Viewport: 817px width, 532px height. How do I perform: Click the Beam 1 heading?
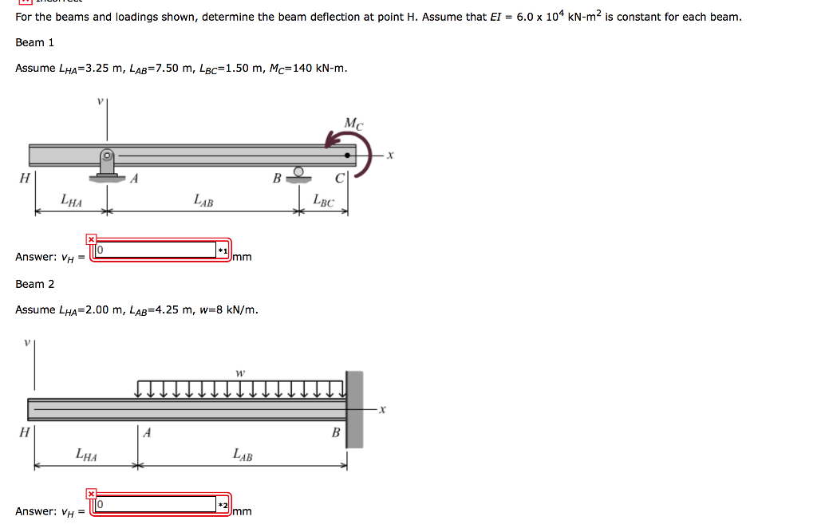click(34, 42)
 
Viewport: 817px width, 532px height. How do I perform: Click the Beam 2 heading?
click(34, 284)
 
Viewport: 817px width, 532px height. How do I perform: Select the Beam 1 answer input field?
click(156, 250)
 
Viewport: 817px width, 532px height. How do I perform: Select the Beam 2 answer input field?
click(156, 505)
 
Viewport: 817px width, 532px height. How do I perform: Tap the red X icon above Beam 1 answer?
click(91, 238)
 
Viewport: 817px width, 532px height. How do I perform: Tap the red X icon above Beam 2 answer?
click(91, 494)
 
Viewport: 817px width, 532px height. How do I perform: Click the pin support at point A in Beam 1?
click(107, 165)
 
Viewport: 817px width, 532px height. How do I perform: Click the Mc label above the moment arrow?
click(353, 124)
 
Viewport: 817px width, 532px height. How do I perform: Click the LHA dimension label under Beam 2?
click(86, 455)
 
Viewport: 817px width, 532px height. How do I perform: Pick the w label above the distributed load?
click(239, 373)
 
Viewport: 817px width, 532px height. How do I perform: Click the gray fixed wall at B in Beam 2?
click(354, 408)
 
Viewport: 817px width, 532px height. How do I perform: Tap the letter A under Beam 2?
click(147, 433)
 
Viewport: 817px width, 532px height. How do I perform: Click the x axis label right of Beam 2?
click(383, 410)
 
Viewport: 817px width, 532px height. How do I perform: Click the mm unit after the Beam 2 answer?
click(243, 511)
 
